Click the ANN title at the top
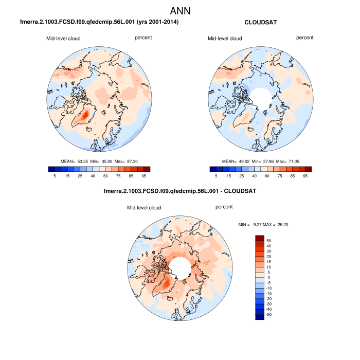point(180,11)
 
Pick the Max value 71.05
point(291,161)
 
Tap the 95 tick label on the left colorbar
point(147,176)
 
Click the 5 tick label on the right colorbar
point(217,176)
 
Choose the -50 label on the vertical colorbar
point(269,314)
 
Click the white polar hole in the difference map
point(180,268)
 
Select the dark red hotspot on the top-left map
point(86,114)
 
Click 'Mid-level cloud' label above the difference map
point(145,208)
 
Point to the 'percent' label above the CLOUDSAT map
point(304,38)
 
